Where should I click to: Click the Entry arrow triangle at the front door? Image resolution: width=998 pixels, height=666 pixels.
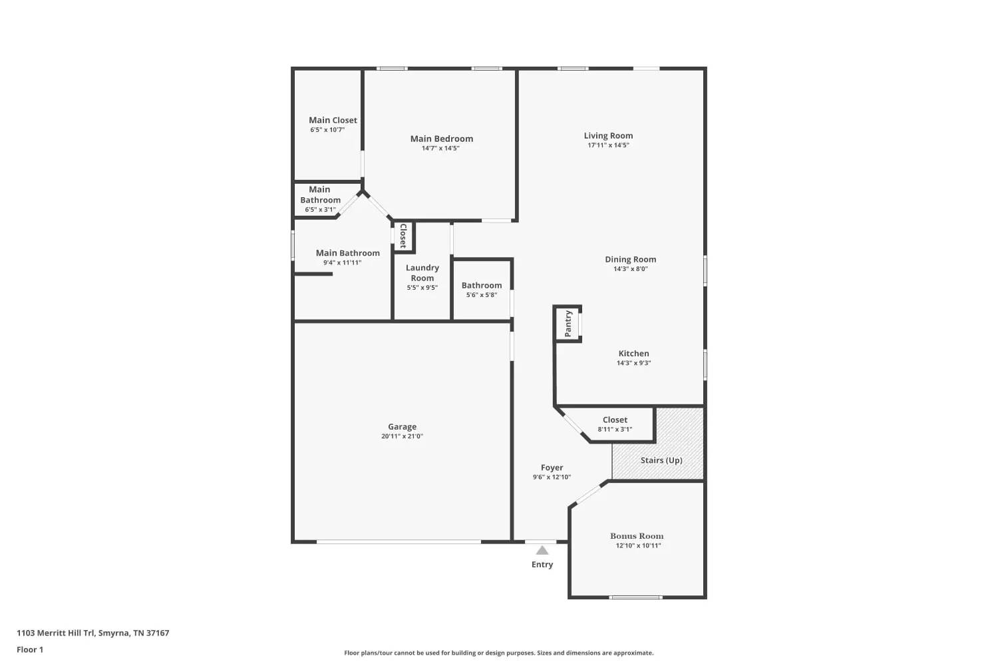point(542,550)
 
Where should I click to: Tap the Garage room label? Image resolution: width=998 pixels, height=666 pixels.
point(402,426)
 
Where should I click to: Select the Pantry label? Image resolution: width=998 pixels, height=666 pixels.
point(568,324)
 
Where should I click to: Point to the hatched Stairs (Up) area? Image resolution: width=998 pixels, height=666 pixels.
point(657,444)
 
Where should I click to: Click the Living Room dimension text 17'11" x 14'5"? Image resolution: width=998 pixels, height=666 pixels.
point(608,145)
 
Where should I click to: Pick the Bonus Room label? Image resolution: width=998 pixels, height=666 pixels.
point(637,535)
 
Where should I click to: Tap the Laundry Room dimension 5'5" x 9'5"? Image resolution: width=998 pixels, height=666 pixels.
point(422,287)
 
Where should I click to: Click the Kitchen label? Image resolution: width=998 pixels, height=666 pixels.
point(633,353)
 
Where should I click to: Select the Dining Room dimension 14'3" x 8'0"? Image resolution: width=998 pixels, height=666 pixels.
point(631,268)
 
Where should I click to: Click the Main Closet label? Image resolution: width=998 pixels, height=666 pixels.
point(333,120)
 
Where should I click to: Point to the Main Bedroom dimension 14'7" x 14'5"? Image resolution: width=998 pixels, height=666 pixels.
point(440,148)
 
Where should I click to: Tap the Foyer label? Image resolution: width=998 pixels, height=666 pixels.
point(552,468)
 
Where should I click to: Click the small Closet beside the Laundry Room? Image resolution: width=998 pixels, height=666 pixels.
point(404,236)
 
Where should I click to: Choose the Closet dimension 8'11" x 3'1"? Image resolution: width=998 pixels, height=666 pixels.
point(615,429)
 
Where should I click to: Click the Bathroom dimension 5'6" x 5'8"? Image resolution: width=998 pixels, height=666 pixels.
point(481,294)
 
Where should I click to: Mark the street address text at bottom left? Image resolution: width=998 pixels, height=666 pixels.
point(93,633)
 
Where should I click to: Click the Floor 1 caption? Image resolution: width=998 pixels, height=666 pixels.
point(30,649)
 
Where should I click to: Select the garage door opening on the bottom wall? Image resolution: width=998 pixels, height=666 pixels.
point(399,541)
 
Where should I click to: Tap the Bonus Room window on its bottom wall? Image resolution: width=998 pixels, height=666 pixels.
point(636,597)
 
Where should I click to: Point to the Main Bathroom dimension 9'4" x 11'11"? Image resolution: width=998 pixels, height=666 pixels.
point(342,262)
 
